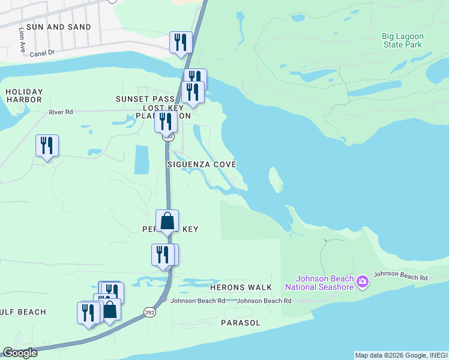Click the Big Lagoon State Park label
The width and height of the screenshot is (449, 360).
point(403,40)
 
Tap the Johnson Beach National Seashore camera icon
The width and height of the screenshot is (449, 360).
point(362,281)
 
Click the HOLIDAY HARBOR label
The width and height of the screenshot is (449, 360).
point(24,95)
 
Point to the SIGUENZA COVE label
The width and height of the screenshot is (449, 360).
point(201,164)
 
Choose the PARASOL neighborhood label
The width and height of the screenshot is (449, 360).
point(240,323)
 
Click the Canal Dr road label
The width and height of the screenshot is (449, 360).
point(42,53)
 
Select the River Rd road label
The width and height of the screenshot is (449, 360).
point(61,112)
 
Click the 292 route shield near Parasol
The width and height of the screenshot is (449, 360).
point(149,311)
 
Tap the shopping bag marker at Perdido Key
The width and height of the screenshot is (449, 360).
point(167,221)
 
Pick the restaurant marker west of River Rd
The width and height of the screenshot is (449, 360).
point(47,146)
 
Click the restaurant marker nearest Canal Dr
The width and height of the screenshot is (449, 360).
point(181,42)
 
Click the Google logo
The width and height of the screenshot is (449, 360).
point(20,353)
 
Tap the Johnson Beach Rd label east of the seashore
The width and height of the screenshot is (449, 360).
point(400,277)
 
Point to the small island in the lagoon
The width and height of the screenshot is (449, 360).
point(275,179)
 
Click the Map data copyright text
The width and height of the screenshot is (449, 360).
point(401,355)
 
